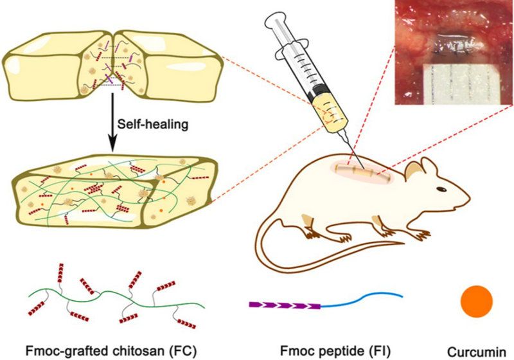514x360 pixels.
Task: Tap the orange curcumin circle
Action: pos(477,300)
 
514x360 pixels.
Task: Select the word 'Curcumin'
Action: pos(476,351)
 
